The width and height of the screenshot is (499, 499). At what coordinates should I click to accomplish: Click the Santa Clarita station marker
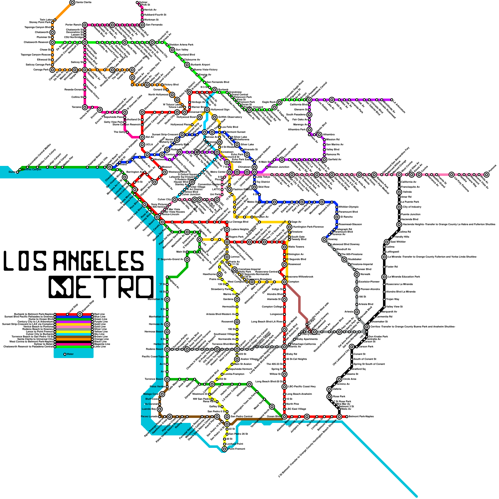72,2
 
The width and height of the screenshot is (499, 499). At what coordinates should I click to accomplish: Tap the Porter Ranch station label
73,25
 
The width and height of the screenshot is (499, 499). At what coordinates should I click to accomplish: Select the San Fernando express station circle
142,25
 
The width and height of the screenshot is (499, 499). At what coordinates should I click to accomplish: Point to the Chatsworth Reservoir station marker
52,42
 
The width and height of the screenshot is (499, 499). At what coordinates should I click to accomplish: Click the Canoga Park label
41,70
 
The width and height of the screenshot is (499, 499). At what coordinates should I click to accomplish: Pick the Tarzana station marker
85,107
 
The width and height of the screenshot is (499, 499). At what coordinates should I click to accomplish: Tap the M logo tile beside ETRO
61,287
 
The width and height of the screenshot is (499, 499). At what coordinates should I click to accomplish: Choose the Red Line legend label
99,314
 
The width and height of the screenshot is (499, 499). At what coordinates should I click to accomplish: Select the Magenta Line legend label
102,344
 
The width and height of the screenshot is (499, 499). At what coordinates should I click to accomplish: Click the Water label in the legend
70,354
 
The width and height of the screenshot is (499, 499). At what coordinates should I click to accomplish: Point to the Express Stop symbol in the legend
80,314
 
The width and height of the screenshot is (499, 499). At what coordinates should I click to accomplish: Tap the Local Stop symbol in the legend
67,314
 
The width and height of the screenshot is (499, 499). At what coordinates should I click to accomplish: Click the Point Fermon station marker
225,449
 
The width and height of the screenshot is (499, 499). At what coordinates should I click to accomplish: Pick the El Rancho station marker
337,217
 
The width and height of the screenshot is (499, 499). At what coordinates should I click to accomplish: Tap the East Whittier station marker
387,242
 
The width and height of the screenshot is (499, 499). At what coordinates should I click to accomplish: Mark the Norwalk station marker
357,274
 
